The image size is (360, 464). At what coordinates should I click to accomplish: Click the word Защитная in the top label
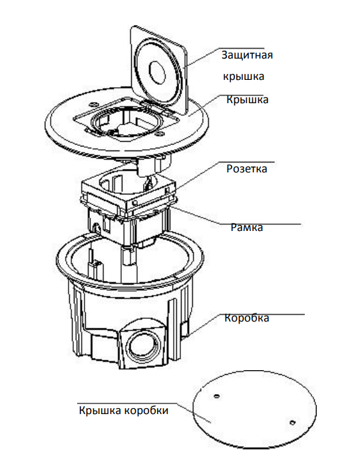point(247,55)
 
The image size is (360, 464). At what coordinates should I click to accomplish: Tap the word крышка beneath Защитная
point(244,77)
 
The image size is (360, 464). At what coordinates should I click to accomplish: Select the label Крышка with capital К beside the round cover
point(248,99)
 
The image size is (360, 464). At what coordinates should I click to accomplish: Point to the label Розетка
point(247,168)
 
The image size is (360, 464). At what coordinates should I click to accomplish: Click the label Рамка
point(247,227)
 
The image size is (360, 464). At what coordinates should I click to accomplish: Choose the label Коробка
point(247,318)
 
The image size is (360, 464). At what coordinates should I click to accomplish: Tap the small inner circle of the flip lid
point(157,72)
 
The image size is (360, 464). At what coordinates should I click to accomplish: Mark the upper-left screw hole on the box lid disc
point(217,396)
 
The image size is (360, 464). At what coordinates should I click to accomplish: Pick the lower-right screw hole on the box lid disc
point(292,422)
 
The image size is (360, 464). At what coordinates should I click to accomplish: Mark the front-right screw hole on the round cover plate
point(160,134)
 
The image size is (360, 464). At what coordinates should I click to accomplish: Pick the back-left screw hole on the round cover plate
point(93,104)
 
